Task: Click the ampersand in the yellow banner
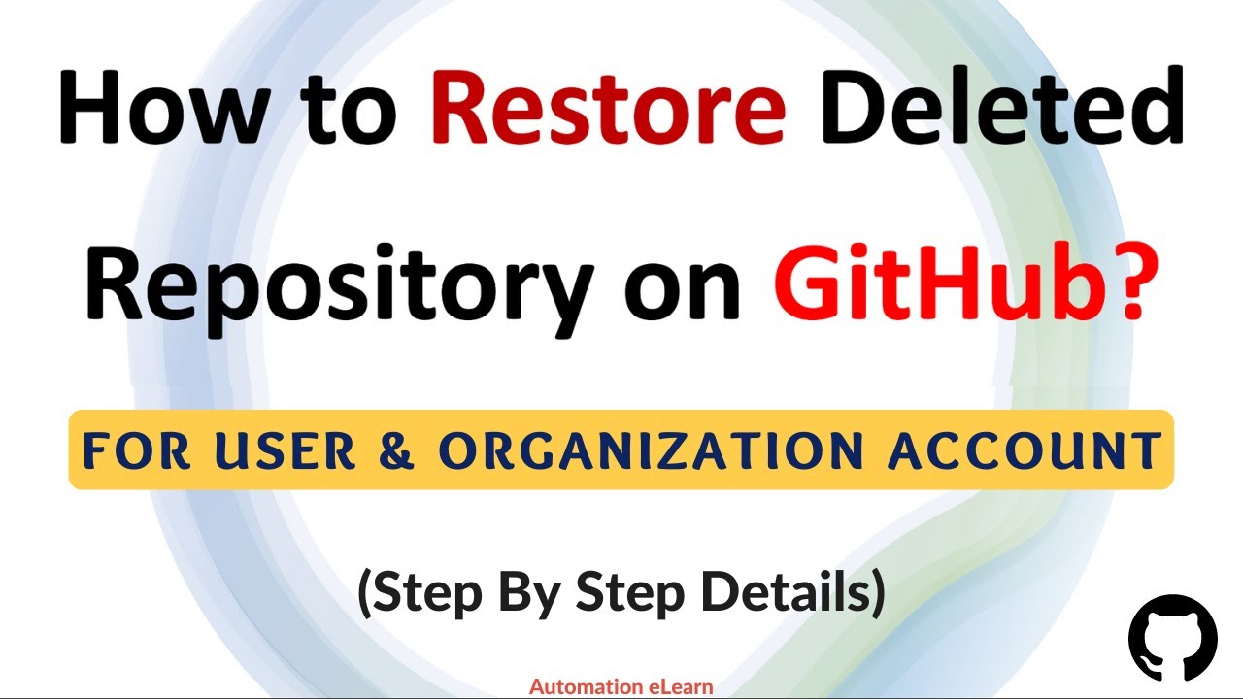point(399,449)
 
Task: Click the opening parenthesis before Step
point(366,595)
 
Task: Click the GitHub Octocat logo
point(1172,637)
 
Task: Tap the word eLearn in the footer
point(680,687)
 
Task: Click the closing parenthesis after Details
point(876,595)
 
